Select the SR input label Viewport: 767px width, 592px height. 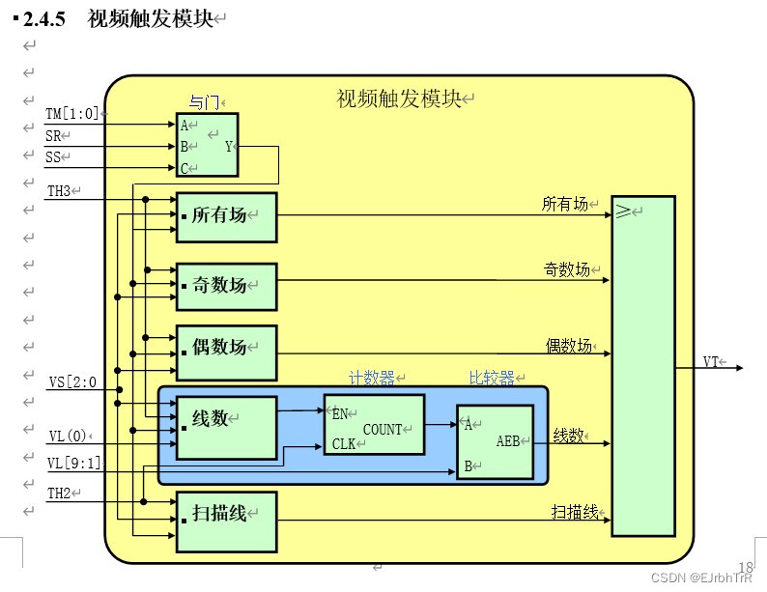coord(53,136)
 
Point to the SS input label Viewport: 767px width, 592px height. coord(53,157)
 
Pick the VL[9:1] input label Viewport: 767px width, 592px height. coord(73,464)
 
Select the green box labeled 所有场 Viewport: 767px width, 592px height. coord(226,216)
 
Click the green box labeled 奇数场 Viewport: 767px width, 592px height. coord(226,286)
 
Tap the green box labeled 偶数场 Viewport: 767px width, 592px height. coord(226,348)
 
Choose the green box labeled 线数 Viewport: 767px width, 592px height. coord(226,426)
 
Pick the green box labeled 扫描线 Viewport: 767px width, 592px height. coord(226,522)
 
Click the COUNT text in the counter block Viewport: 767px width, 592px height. coord(383,429)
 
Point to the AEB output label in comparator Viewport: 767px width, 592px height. coord(508,440)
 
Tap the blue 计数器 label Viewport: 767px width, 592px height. coord(373,379)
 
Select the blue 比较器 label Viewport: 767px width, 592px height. coord(492,379)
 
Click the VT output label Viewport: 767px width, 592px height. coord(712,362)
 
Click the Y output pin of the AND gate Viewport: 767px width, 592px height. coord(229,147)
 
